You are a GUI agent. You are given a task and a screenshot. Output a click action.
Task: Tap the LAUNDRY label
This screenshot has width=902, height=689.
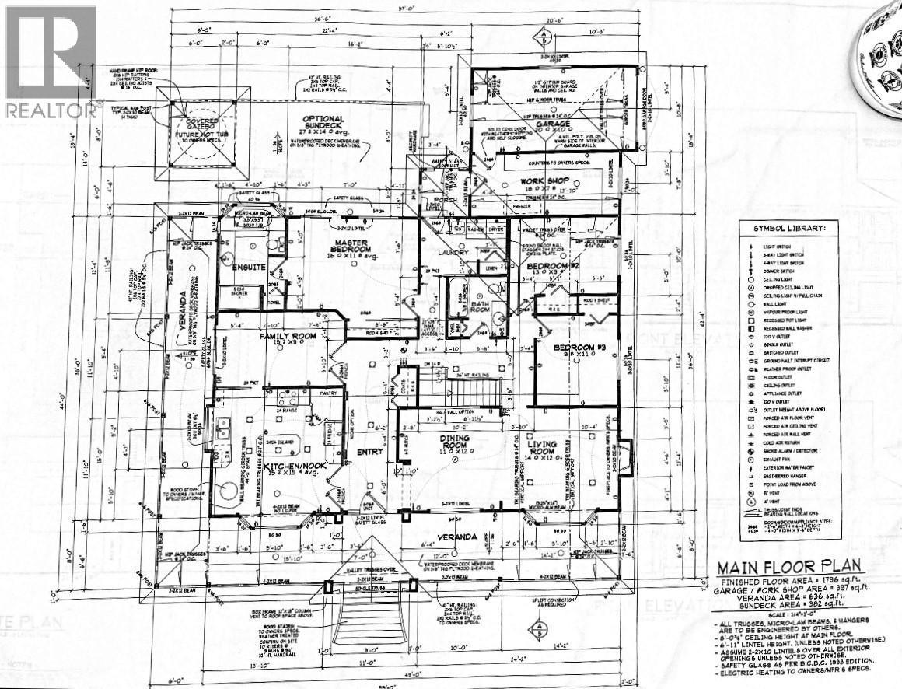coord(453,253)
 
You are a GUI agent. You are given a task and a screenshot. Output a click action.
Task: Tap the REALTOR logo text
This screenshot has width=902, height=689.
coord(50,110)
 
